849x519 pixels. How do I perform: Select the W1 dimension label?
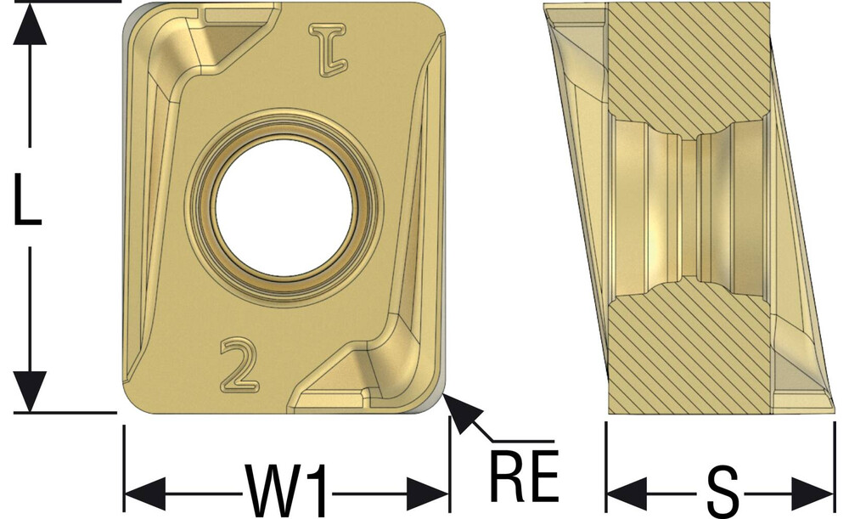(287, 490)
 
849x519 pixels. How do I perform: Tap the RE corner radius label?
(524, 475)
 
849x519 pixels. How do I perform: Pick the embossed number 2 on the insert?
(239, 365)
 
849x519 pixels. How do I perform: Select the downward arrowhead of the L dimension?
(29, 391)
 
